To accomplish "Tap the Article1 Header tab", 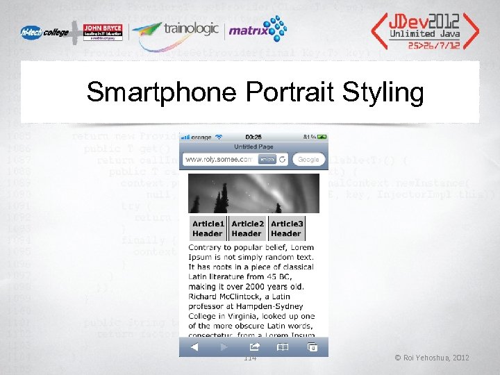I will point(208,228).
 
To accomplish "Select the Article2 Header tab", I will point(247,228).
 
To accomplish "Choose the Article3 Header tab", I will point(287,228).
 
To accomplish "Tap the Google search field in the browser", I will point(308,160).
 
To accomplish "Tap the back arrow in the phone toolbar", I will point(195,347).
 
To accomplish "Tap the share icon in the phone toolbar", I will point(254,347).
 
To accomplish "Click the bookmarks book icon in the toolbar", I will point(283,347).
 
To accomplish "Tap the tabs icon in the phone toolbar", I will point(312,347).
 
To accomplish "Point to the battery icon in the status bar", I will point(321,137).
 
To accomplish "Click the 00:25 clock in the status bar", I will point(253,137).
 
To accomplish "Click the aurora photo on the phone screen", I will point(253,192).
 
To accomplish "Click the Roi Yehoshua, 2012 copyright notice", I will point(431,358).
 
